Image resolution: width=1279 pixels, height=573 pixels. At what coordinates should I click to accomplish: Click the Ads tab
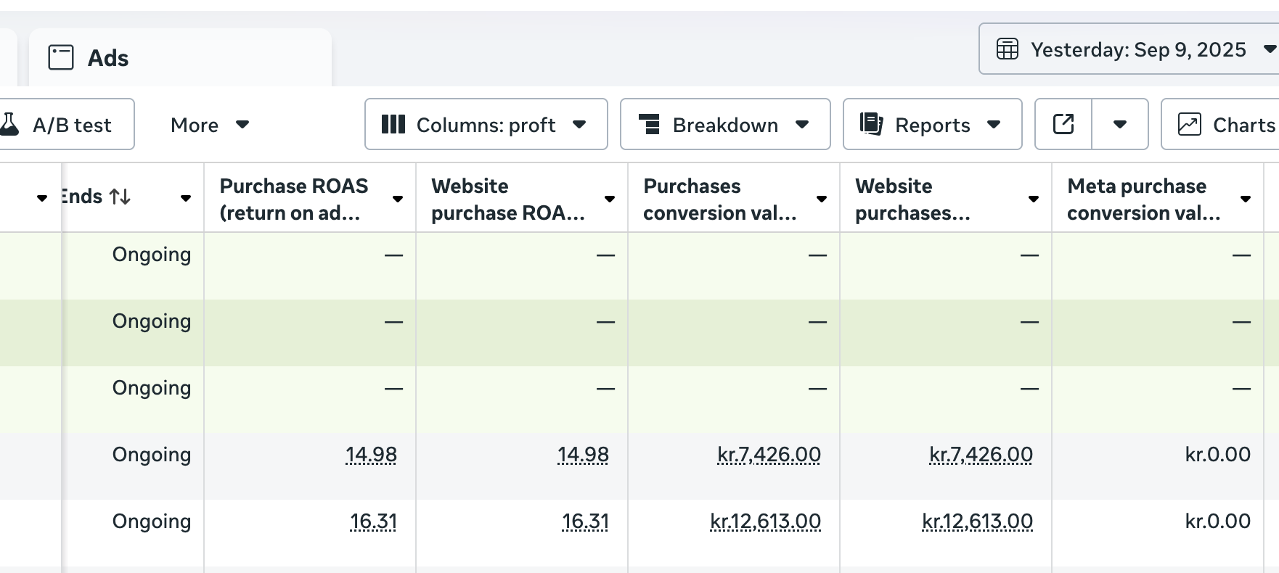click(107, 58)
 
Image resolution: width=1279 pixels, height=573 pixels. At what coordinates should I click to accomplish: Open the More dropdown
click(209, 125)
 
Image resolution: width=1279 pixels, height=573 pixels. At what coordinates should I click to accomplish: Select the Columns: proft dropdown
click(486, 125)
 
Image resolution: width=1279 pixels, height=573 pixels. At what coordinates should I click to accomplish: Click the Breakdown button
click(724, 125)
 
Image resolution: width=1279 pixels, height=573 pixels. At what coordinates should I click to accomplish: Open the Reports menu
click(932, 125)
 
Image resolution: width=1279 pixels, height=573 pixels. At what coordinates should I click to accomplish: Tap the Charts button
click(1227, 125)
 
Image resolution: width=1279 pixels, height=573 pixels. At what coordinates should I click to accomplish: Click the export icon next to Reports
click(1063, 125)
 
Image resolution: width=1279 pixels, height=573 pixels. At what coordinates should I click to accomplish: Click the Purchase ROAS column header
click(294, 199)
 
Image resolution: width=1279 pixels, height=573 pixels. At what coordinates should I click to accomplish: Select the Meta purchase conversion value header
click(1143, 199)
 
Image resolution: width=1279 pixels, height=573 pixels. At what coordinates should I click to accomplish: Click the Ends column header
click(94, 197)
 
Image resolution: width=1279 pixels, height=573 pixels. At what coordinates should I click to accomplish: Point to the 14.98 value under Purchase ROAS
click(371, 455)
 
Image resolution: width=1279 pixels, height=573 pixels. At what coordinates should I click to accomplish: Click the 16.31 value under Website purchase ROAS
click(585, 522)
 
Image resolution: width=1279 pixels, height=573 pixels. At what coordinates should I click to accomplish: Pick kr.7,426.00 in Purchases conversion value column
click(769, 455)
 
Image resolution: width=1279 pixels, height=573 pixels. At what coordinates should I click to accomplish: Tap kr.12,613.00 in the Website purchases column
click(977, 522)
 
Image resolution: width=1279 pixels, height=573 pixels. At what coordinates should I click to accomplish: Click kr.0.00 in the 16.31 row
click(1217, 522)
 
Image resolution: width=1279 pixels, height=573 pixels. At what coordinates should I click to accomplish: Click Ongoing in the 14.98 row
click(152, 455)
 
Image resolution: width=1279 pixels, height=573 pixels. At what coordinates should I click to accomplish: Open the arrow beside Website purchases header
click(1034, 199)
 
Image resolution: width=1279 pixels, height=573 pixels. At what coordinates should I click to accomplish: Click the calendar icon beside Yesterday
click(1008, 49)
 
